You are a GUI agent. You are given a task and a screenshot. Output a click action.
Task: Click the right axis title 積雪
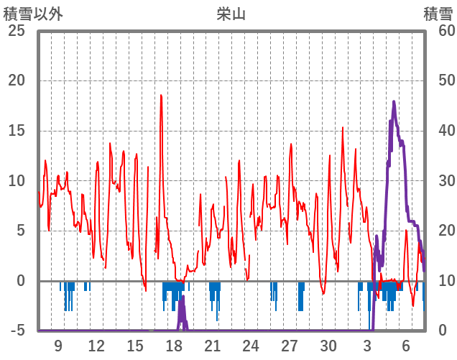438,14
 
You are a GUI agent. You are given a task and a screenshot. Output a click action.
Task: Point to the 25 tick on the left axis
15,31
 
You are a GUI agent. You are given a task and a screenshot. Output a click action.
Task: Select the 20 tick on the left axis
15,80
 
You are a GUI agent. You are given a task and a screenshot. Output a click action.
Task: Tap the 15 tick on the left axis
15,131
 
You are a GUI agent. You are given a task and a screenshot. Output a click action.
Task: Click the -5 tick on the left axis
15,331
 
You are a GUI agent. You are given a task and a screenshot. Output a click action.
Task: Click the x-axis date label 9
58,346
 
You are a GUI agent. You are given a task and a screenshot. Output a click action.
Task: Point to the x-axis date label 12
96,346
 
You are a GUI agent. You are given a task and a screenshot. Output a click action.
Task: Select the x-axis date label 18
174,346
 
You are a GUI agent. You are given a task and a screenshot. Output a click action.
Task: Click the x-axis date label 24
251,346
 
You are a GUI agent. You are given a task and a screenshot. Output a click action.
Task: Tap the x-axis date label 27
290,346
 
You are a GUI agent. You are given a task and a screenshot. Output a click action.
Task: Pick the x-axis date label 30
328,346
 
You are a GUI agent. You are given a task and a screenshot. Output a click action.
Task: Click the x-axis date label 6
406,346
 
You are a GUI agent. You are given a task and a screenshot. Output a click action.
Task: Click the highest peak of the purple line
394,102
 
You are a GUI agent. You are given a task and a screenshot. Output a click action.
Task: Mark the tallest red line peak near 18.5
161,95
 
